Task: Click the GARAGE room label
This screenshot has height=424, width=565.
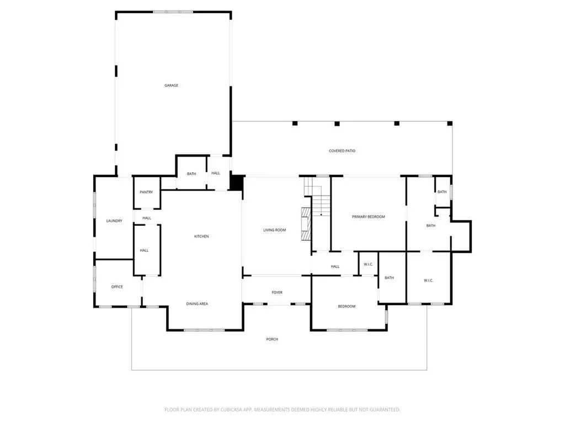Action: coord(171,86)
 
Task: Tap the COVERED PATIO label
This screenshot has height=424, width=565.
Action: coord(342,151)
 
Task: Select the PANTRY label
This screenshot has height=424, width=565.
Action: coord(146,192)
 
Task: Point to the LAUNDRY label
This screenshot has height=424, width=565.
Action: coord(114,221)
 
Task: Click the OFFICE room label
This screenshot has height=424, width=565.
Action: coord(117,287)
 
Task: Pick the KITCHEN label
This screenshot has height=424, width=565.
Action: coord(201,236)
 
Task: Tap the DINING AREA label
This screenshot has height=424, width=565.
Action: coord(197,304)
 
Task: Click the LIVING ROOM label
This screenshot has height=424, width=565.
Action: coord(275,230)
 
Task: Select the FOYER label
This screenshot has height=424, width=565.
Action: coord(277,293)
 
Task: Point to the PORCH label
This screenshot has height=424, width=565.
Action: coord(272,340)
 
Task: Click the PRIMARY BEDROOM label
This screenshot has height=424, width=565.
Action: coord(368,216)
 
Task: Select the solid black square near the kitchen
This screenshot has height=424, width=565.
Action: coord(237,182)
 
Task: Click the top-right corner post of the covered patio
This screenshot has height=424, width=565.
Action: coord(450,123)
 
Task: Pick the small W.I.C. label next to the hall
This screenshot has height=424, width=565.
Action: coord(368,264)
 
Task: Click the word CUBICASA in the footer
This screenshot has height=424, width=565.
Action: coord(231,410)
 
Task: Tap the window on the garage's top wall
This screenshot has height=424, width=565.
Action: coord(173,12)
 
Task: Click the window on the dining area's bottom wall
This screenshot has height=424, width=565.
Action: coord(204,330)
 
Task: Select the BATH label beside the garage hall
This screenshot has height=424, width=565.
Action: coord(191,174)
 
